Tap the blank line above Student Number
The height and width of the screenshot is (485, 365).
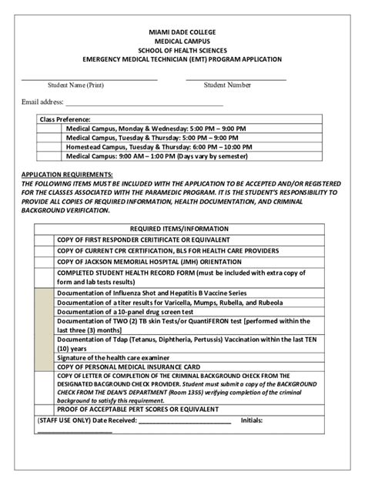(x=236, y=79)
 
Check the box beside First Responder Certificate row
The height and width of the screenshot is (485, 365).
(x=42, y=239)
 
